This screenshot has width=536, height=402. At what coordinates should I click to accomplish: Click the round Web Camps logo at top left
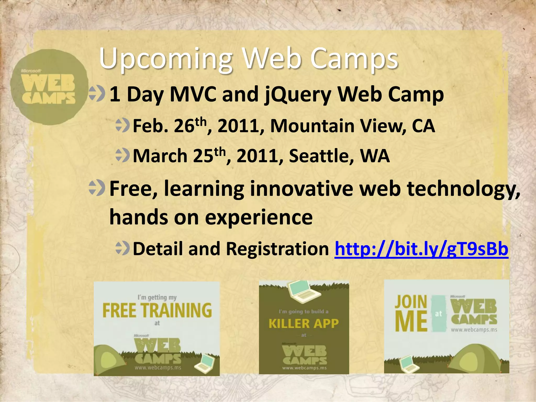click(49, 87)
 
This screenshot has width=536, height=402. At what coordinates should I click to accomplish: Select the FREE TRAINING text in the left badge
click(157, 310)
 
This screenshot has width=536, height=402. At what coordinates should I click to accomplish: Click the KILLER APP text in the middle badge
click(304, 323)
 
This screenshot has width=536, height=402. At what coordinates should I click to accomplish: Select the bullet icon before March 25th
click(122, 155)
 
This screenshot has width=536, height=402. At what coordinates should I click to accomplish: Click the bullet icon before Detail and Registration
click(122, 248)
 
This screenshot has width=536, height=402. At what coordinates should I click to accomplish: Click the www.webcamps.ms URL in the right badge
click(474, 330)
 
